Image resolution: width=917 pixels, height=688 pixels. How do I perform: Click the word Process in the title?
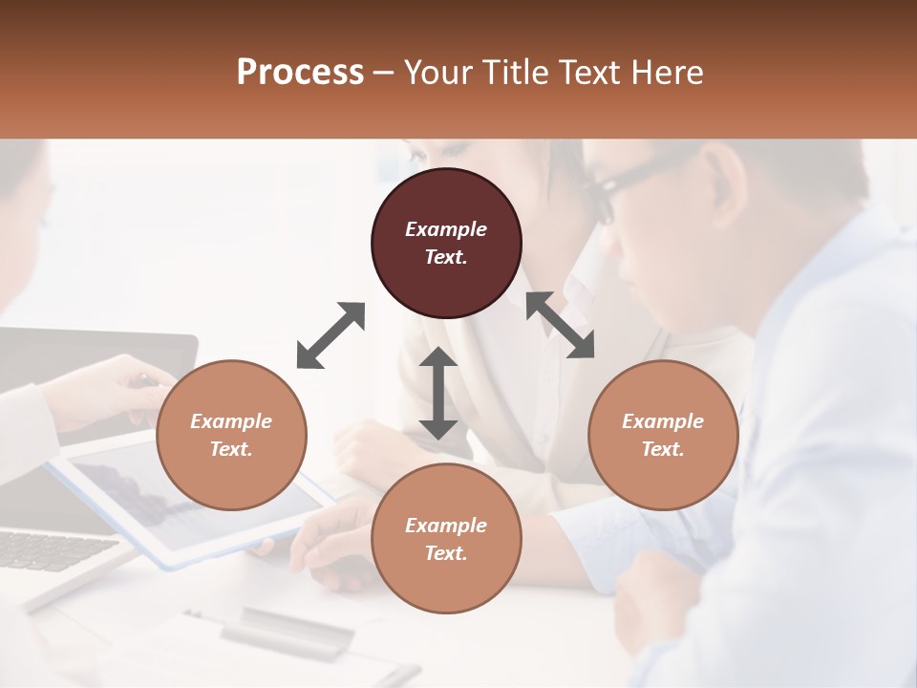[x=300, y=73]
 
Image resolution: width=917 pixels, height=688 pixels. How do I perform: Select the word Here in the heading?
[x=666, y=73]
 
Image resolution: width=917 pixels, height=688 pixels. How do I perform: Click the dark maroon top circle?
[x=446, y=244]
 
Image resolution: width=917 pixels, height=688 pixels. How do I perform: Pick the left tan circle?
[x=231, y=436]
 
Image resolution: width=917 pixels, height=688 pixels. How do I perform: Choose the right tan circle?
[x=663, y=436]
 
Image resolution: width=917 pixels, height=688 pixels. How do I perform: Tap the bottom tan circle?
[x=446, y=539]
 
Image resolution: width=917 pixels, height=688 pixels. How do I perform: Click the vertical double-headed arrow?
[x=438, y=393]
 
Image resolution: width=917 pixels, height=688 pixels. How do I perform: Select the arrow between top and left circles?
[x=331, y=335]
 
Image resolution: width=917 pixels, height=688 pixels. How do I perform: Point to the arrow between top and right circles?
[x=560, y=325]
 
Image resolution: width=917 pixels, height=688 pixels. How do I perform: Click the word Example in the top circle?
[x=446, y=229]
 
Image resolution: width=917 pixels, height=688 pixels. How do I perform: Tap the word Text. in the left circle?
[x=231, y=449]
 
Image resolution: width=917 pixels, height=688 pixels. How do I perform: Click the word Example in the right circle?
[x=663, y=421]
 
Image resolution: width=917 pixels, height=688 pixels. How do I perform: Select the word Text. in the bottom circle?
[x=446, y=553]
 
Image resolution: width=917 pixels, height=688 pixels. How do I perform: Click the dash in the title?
[x=384, y=73]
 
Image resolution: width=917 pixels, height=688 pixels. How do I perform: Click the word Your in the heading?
[x=435, y=73]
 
